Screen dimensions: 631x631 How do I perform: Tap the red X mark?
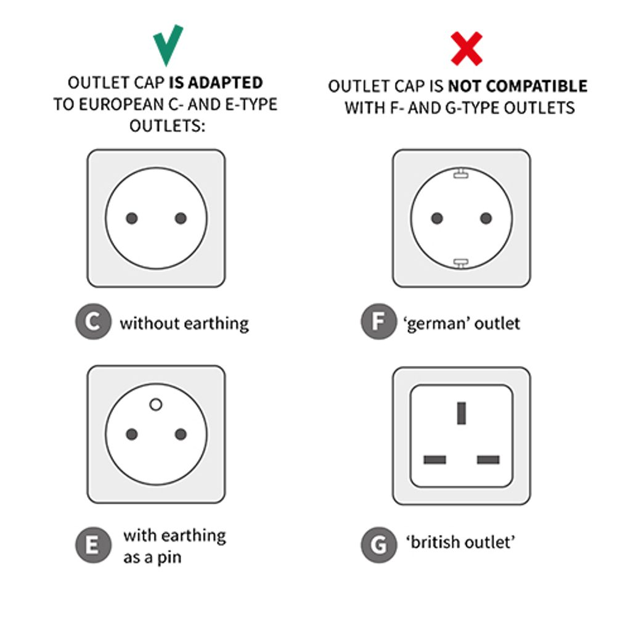[x=466, y=49]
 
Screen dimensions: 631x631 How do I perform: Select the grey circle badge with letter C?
[x=94, y=322]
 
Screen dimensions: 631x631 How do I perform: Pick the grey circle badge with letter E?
[x=94, y=545]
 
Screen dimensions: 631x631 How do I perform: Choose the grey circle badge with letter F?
[x=379, y=322]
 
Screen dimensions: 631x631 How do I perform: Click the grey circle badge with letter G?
[x=379, y=545]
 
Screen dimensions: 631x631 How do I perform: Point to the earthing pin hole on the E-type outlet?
[x=156, y=404]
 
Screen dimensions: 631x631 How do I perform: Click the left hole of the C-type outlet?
[x=132, y=218]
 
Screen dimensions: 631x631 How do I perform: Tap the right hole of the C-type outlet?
[x=181, y=218]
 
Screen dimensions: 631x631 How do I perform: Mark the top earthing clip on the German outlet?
[x=461, y=174]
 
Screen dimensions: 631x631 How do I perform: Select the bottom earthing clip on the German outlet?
[x=461, y=263]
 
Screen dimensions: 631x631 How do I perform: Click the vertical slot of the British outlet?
[x=462, y=413]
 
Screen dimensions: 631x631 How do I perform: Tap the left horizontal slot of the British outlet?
[x=434, y=460]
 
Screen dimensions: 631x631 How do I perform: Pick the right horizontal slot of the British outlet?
[x=488, y=460]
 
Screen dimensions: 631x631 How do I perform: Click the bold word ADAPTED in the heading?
[x=226, y=83]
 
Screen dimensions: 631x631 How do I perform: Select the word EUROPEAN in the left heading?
[x=121, y=105]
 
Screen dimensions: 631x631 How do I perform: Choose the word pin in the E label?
[x=169, y=558]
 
